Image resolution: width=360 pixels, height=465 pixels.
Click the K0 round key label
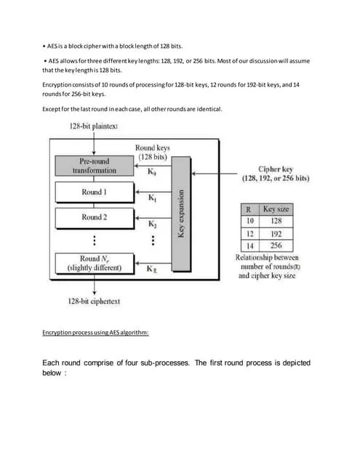pyautogui.click(x=151, y=172)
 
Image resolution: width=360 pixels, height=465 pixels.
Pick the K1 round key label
pyautogui.click(x=151, y=198)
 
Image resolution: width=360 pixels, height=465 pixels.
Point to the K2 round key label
pyautogui.click(x=151, y=225)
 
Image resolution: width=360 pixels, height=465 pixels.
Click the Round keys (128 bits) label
pyautogui.click(x=153, y=153)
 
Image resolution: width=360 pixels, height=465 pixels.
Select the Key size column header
pyautogui.click(x=274, y=209)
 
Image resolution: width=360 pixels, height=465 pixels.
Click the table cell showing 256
pyautogui.click(x=274, y=246)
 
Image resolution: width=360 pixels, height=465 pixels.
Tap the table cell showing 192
pyautogui.click(x=274, y=233)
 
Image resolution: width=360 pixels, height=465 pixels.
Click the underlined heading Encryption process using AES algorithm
pyautogui.click(x=95, y=332)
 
